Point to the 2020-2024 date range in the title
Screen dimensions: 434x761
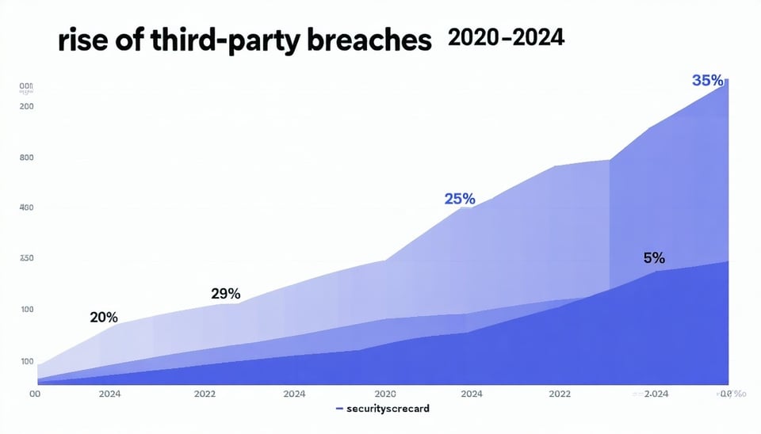(506, 38)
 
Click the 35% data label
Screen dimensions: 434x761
(707, 80)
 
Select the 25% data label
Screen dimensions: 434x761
(460, 199)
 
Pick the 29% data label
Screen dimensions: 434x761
(226, 294)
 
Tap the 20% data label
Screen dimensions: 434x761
(104, 318)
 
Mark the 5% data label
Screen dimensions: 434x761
(654, 258)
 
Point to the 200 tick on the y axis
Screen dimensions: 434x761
(26, 107)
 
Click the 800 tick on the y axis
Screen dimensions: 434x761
(26, 158)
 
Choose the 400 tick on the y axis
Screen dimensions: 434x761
(26, 207)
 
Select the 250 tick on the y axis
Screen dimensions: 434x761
(26, 259)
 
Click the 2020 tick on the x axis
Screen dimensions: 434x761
(384, 394)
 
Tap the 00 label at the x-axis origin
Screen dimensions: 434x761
(34, 394)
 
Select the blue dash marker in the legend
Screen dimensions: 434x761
(339, 409)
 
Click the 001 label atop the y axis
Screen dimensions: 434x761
(26, 86)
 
